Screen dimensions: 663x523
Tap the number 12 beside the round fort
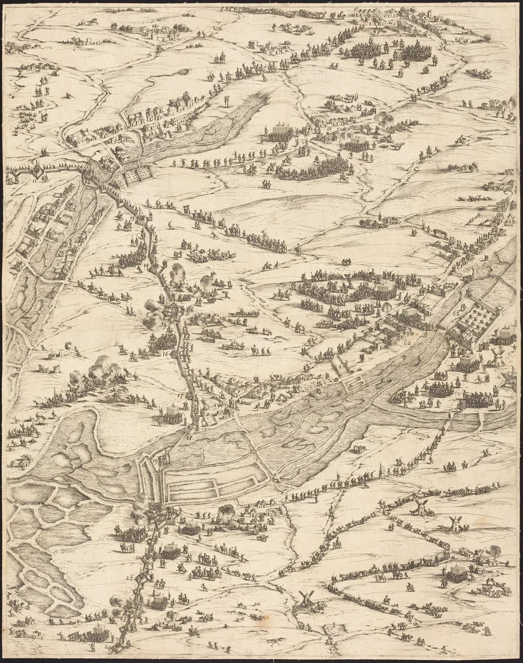pyautogui.click(x=87, y=181)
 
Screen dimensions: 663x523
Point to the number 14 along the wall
pyautogui.click(x=145, y=266)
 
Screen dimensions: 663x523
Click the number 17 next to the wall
pyautogui.click(x=179, y=396)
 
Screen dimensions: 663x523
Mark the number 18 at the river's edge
pyautogui.click(x=189, y=438)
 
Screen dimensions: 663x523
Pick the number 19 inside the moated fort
pyautogui.click(x=154, y=460)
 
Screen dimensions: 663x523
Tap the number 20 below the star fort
pyautogui.click(x=151, y=529)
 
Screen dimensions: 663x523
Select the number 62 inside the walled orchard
pyautogui.click(x=456, y=313)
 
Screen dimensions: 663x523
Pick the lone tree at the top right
pyautogui.click(x=487, y=38)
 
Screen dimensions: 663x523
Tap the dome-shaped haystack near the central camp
pyautogui.click(x=387, y=307)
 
